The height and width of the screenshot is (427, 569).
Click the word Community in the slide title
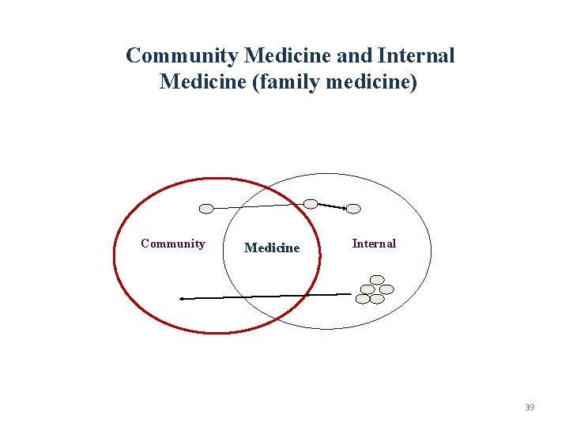tap(182, 55)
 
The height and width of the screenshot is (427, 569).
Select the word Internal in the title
tap(416, 55)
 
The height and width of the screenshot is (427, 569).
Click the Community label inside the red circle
tap(172, 244)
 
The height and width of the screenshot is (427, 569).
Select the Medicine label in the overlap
tap(272, 248)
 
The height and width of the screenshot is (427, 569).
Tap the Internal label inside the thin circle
tap(374, 244)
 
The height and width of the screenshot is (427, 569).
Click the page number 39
tap(529, 407)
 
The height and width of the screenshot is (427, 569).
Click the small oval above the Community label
tap(206, 209)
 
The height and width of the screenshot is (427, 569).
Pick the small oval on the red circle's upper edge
tap(311, 204)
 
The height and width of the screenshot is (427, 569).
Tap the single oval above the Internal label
tap(354, 209)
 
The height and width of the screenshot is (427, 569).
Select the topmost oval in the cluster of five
tap(378, 279)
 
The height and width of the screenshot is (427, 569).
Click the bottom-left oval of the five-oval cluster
tap(363, 299)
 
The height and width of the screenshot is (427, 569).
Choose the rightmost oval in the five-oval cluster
tap(386, 289)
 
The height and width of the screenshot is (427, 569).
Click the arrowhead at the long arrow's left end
tap(182, 299)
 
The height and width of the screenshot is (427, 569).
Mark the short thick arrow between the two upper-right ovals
tap(332, 206)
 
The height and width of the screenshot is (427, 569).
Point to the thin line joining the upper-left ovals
tap(257, 206)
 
